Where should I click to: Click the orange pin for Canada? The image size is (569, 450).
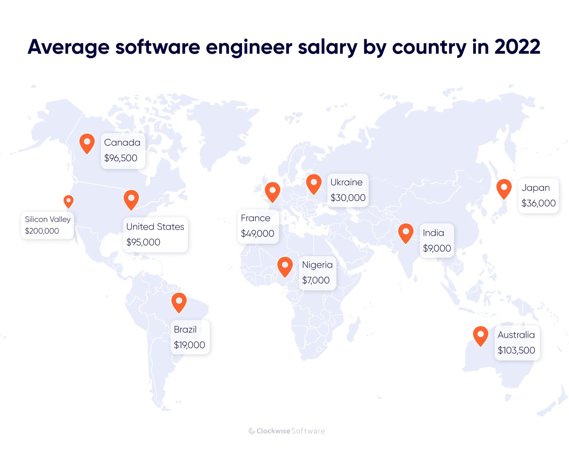click(x=87, y=143)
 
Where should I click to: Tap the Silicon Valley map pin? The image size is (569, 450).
click(x=69, y=201)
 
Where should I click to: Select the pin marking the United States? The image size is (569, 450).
click(x=131, y=199)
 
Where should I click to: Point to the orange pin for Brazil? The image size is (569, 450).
click(x=179, y=302)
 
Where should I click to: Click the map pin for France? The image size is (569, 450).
click(x=272, y=191)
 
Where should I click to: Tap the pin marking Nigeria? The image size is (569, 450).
click(x=285, y=266)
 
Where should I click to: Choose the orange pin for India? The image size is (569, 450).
click(x=406, y=232)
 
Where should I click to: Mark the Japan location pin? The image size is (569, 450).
click(x=504, y=188)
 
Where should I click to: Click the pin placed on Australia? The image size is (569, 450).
click(x=481, y=335)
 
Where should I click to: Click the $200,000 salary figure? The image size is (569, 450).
click(x=42, y=231)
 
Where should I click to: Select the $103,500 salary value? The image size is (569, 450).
click(x=516, y=350)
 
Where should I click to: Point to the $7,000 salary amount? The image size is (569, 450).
click(x=316, y=280)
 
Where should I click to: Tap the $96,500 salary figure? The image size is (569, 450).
click(x=121, y=158)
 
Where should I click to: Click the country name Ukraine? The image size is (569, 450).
click(x=346, y=182)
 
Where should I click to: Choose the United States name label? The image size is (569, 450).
click(x=155, y=227)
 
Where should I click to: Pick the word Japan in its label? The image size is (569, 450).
click(x=536, y=188)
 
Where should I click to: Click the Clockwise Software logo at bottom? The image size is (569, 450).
click(x=286, y=431)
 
